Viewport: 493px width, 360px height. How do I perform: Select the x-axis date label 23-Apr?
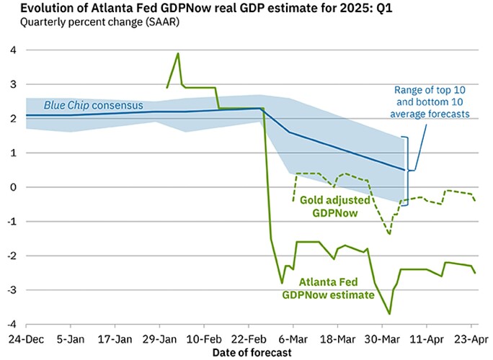click(472, 338)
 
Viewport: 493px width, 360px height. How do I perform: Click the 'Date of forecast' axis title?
click(252, 352)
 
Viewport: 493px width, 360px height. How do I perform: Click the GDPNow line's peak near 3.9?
click(178, 53)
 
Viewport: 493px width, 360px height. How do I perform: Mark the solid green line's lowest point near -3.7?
click(390, 313)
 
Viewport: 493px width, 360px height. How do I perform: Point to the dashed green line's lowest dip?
click(390, 234)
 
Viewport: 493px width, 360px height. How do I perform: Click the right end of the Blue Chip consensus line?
click(404, 170)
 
